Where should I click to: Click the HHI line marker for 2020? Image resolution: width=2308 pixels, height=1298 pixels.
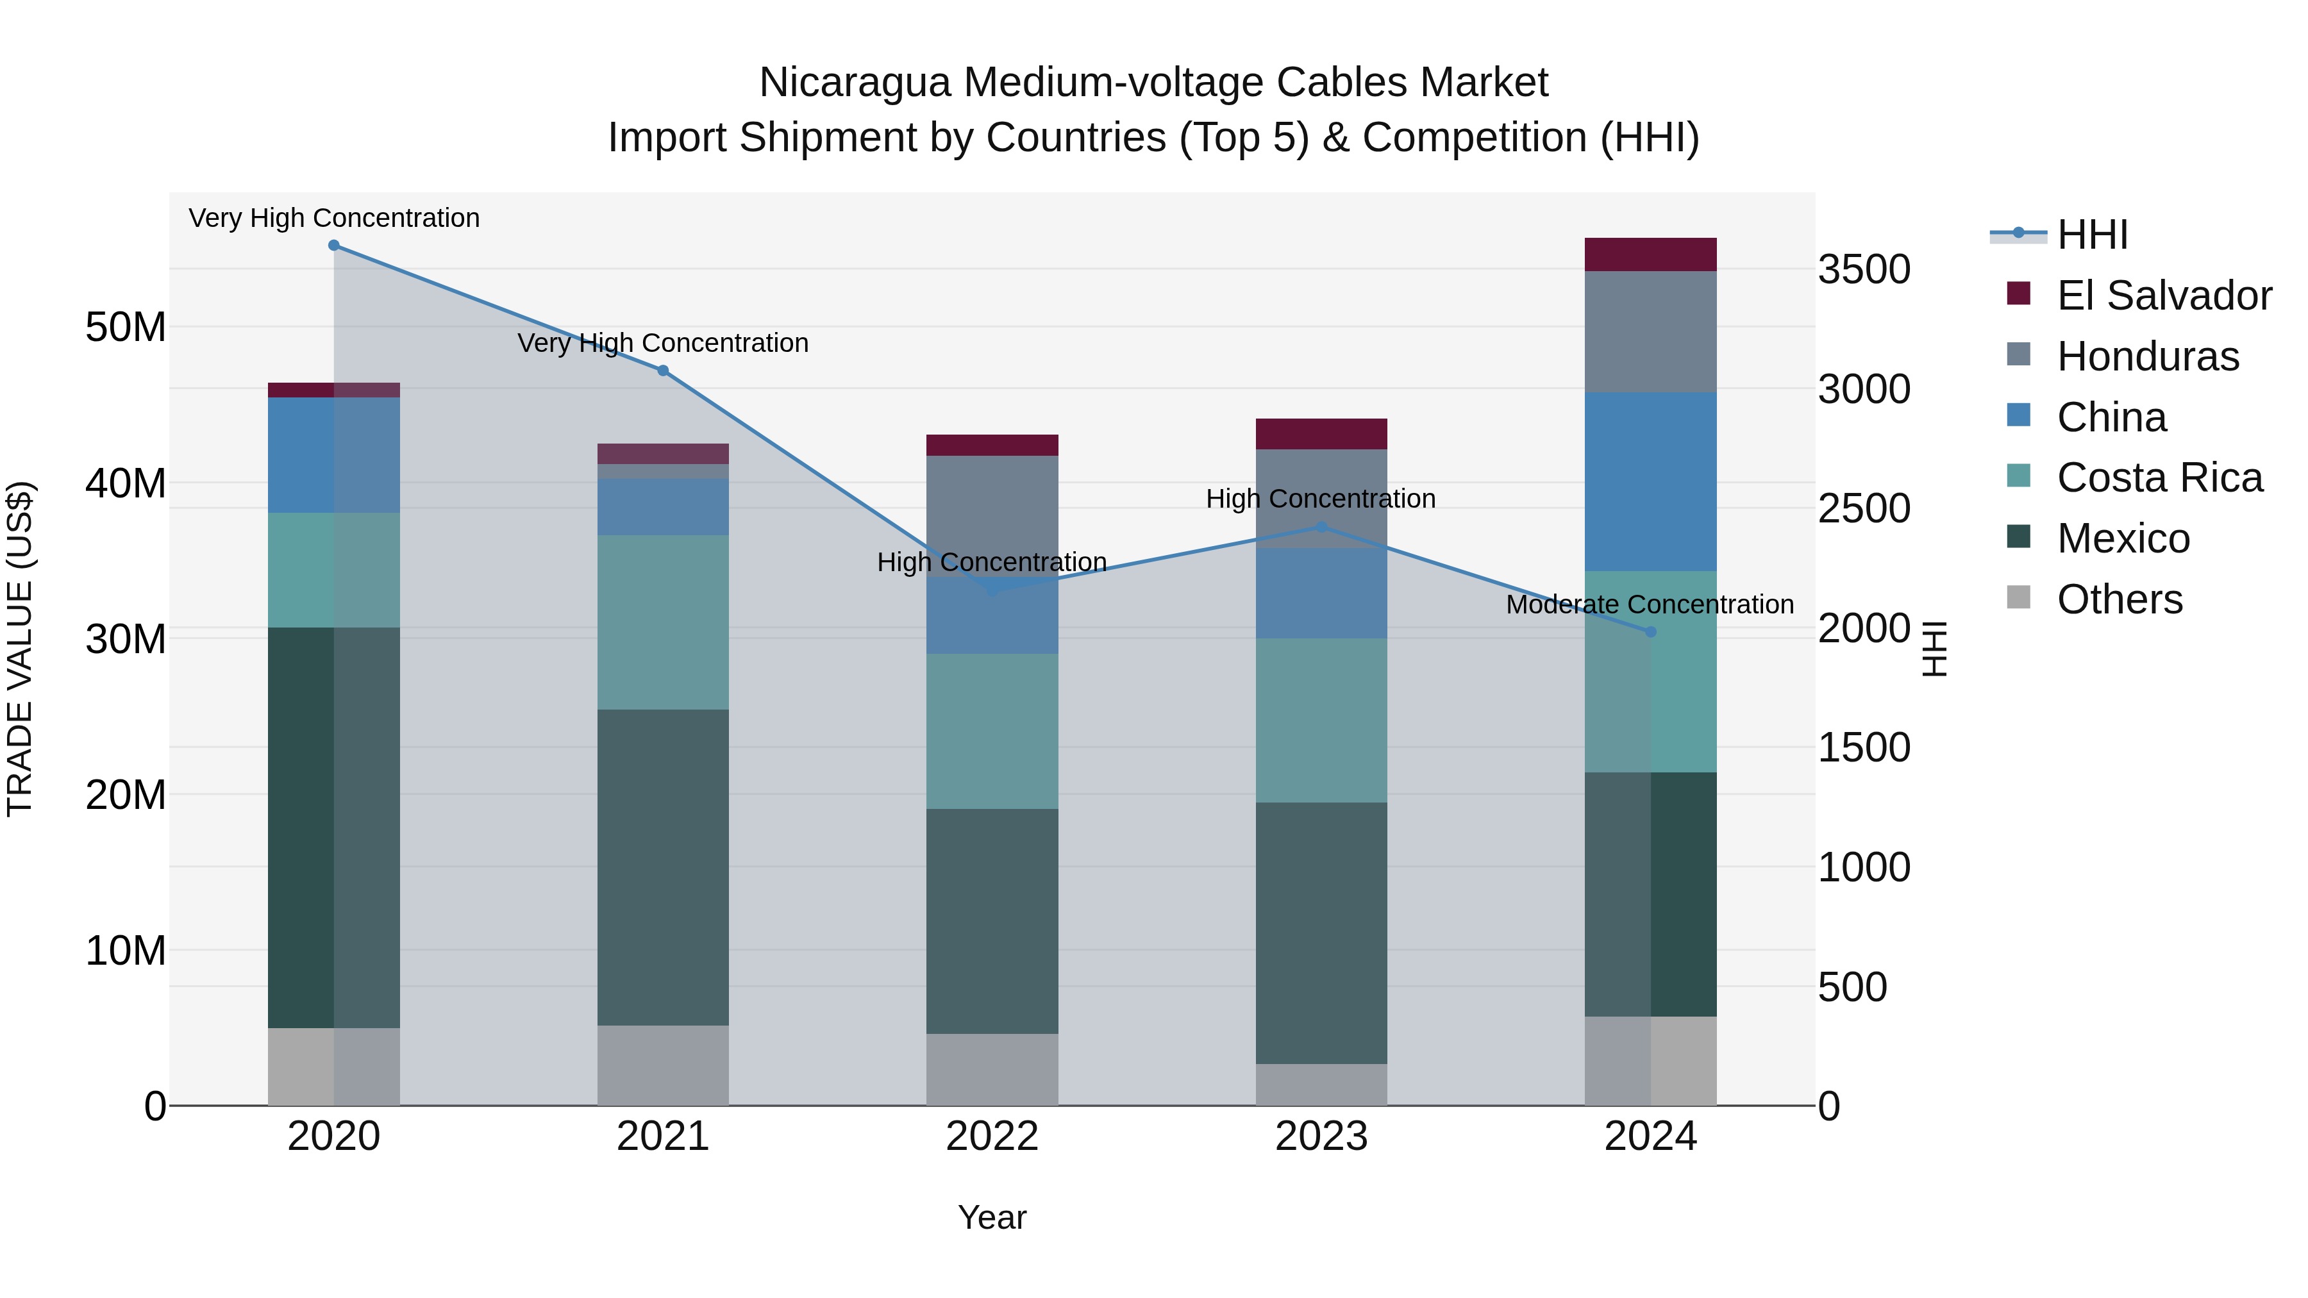coord(333,245)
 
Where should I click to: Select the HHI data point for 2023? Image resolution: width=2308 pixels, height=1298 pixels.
coord(1321,527)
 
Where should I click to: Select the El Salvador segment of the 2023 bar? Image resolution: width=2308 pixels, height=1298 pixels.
coord(1321,433)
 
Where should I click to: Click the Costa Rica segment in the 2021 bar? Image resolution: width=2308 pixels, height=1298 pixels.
coord(663,622)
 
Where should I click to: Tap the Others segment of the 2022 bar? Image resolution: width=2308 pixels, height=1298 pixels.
coord(992,1070)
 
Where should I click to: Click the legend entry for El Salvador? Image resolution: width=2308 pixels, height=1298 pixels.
coord(2163,295)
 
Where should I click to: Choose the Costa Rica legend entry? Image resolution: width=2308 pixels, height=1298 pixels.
coord(2159,478)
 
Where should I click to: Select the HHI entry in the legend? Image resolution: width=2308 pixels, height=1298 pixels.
coord(2091,235)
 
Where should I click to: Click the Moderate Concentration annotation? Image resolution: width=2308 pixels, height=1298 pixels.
coord(1650,604)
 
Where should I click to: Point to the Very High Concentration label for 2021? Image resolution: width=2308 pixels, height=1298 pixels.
coord(663,343)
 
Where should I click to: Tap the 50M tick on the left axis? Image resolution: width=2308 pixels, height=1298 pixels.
coord(126,327)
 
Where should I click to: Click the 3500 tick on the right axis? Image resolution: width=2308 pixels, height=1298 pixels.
coord(1864,270)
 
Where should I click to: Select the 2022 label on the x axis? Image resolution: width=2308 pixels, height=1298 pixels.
coord(992,1136)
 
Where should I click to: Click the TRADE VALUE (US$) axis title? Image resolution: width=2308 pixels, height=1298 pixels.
coord(20,649)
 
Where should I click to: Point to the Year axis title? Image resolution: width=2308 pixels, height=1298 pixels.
coord(992,1217)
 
